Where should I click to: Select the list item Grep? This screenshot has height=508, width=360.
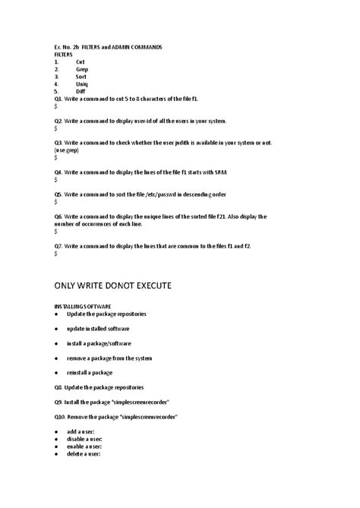[82, 69]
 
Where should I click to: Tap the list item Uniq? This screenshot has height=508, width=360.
[82, 84]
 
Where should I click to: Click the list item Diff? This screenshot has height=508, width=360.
[81, 91]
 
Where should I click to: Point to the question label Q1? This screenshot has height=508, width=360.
[58, 99]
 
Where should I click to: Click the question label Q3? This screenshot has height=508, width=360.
[58, 143]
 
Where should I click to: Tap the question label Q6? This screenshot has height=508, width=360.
[58, 216]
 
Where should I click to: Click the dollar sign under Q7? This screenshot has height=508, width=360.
[56, 254]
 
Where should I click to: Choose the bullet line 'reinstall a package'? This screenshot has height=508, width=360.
[90, 372]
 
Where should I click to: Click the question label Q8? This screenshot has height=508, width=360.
[58, 387]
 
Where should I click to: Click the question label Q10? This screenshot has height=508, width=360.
[60, 416]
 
